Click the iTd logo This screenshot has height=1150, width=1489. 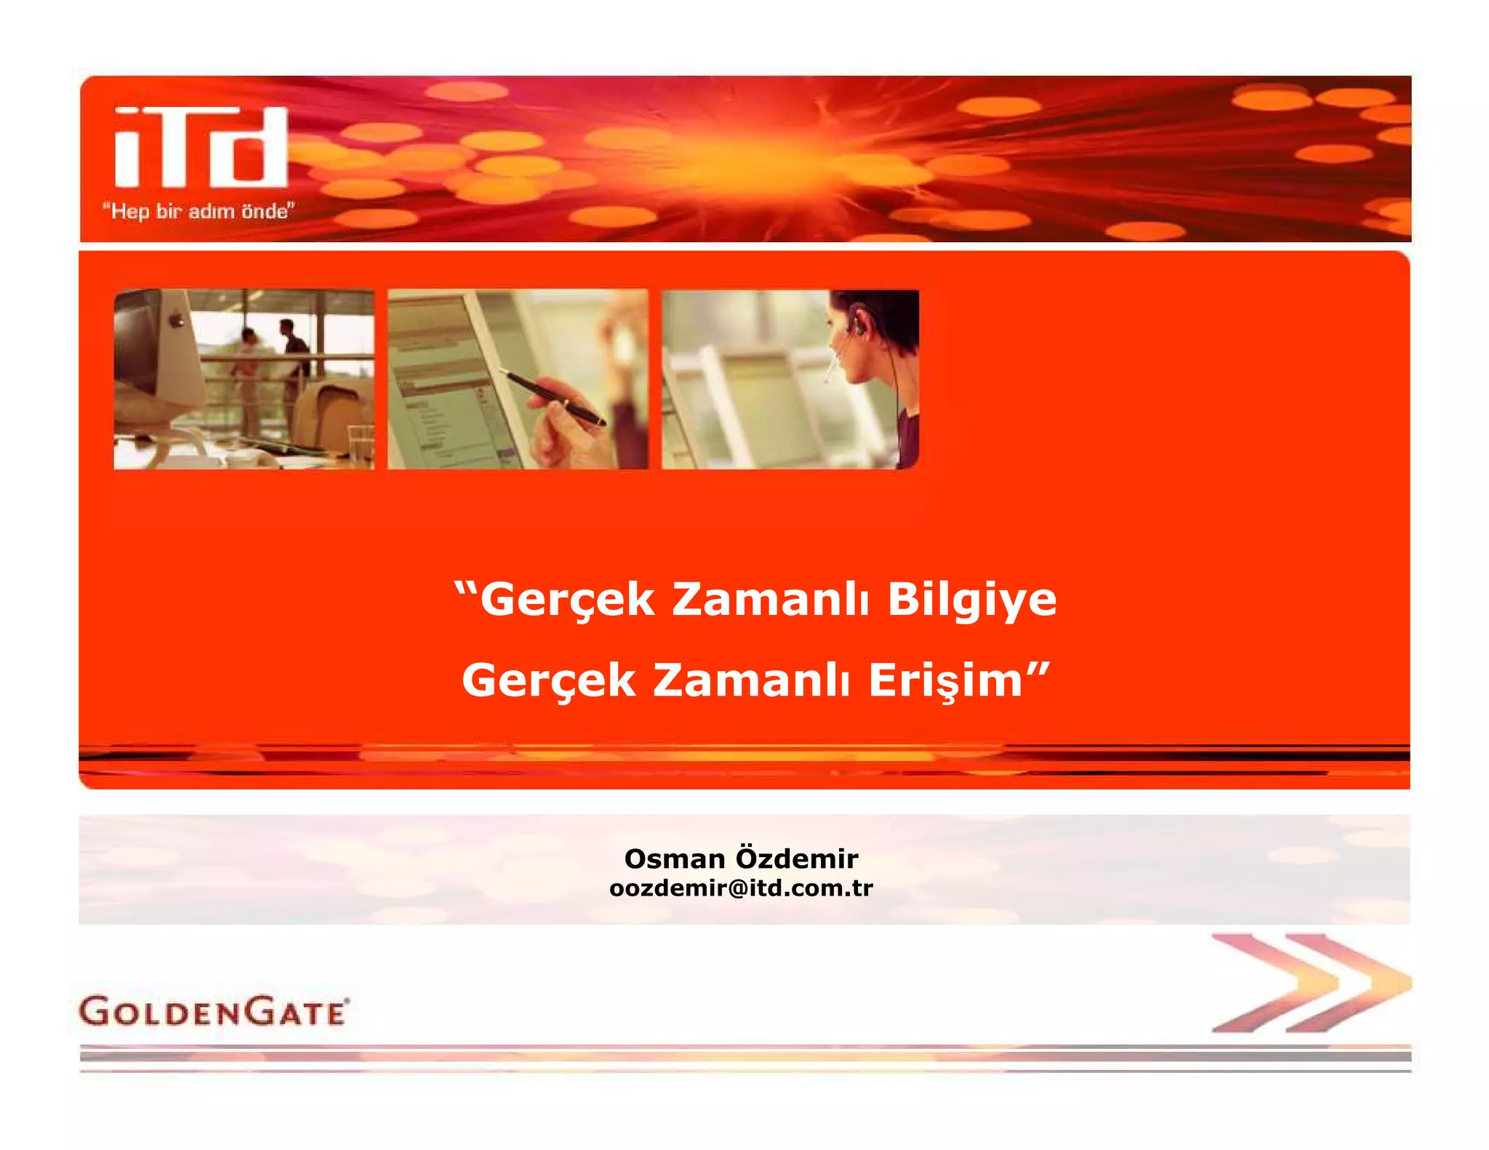click(201, 147)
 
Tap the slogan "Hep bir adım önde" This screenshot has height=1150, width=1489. click(198, 212)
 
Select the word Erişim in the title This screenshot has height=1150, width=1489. click(946, 681)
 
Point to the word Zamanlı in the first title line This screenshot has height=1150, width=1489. click(770, 600)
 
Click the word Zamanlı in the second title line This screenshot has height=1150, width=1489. click(751, 681)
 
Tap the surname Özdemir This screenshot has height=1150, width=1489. click(797, 858)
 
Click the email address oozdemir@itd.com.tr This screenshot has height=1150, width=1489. click(741, 888)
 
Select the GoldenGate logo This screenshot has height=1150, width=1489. click(214, 1011)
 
